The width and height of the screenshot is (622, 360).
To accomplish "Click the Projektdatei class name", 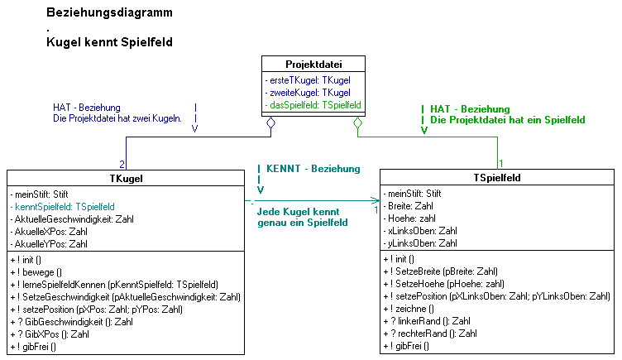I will [x=313, y=64].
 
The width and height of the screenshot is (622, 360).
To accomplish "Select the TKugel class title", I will [x=125, y=177].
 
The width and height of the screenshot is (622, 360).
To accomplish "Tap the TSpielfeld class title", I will [x=497, y=177].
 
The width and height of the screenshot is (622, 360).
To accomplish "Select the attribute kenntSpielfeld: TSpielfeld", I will [x=64, y=206].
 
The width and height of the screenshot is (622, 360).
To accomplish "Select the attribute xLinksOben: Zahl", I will [x=422, y=230].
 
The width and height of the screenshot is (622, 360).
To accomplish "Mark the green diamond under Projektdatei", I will [x=357, y=125].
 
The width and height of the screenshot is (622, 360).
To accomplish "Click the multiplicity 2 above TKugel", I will [x=122, y=164].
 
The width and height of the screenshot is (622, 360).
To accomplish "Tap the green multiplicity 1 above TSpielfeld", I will [x=501, y=163].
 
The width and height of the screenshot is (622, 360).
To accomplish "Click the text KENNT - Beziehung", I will [x=313, y=168].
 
